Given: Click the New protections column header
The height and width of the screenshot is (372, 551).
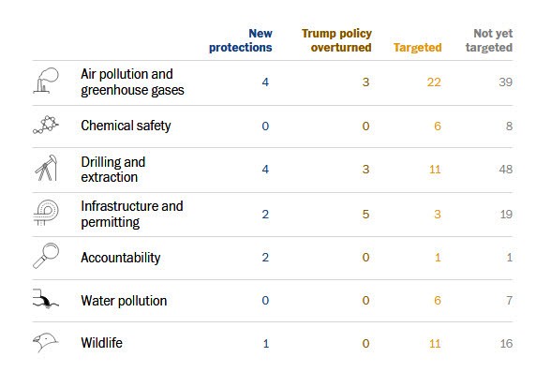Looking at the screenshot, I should [241, 40].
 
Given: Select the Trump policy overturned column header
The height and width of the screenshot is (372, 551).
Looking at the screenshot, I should [336, 40].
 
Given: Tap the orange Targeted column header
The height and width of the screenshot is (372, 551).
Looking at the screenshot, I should [417, 47].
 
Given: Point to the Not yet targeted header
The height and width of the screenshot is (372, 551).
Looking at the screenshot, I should [492, 40].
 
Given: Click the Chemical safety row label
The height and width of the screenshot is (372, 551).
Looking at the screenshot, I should [126, 126].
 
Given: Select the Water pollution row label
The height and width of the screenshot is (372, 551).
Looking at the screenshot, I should [124, 301].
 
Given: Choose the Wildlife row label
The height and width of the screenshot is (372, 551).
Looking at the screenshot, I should [101, 343].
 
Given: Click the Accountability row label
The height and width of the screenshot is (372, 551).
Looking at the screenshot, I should [121, 258].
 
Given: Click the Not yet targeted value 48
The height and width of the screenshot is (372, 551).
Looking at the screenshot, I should [505, 171].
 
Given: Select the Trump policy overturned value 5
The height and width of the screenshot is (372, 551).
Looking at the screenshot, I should [365, 214].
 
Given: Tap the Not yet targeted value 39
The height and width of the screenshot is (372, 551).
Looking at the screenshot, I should [505, 82].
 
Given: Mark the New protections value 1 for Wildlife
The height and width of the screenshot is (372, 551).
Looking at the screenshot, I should [266, 344].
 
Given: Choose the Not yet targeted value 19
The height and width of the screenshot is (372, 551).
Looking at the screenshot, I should [505, 214].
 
